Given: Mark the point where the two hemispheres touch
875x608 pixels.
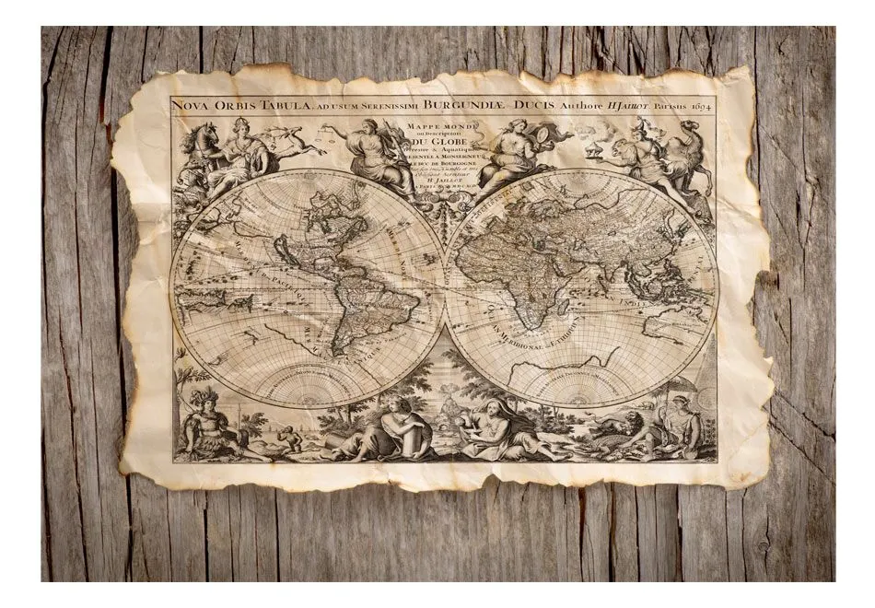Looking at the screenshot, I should (x=446, y=286).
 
